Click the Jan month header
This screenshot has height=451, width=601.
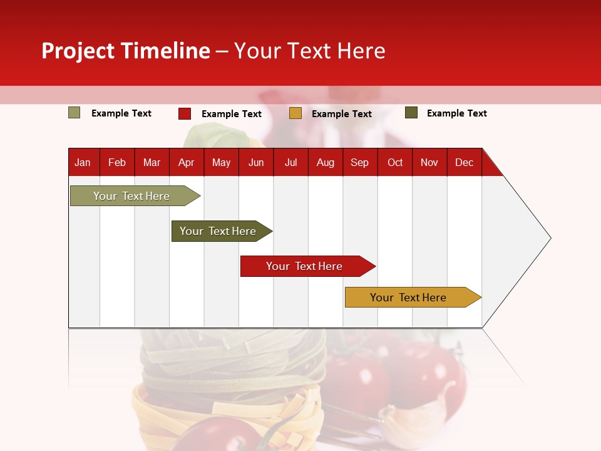pos(83,162)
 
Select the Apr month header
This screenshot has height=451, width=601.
pos(186,162)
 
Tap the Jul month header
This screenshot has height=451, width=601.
pos(290,162)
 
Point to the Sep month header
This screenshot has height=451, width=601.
pos(359,162)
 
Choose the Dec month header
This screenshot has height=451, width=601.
pos(464,162)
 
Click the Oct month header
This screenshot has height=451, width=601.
pos(395,162)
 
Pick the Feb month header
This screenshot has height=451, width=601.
pos(117,162)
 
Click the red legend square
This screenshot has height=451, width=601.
pos(185,113)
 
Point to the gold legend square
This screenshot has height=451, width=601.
pos(295,113)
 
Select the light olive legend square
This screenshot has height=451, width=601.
pos(74,113)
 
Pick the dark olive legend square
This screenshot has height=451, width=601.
pos(411,113)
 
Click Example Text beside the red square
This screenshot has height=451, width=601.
pos(231,114)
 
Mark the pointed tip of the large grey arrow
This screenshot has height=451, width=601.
pos(550,238)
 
